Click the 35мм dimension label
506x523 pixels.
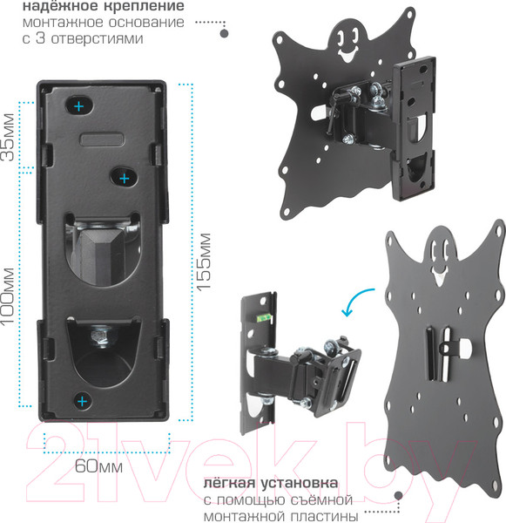click(x=9, y=137)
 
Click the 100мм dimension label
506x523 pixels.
click(x=8, y=295)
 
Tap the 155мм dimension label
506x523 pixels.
click(x=204, y=261)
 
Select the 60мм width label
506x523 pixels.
click(x=98, y=466)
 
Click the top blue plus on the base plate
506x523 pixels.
click(x=78, y=106)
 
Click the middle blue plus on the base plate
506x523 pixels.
click(x=125, y=179)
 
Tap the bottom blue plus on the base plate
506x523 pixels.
click(x=82, y=401)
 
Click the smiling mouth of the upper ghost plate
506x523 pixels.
click(x=348, y=54)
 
